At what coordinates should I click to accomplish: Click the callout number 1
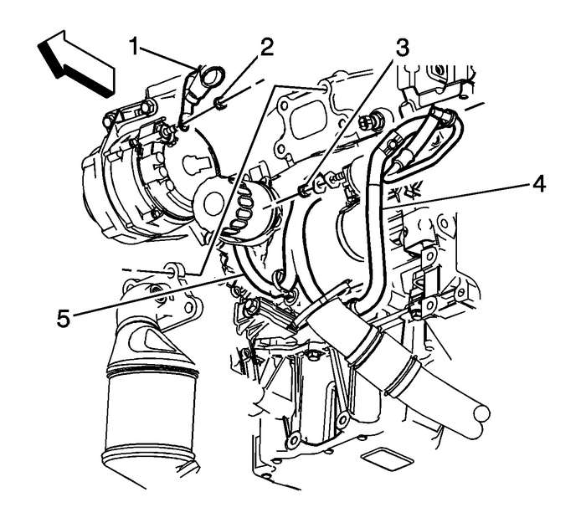point(134,46)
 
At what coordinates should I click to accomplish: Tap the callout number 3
point(402,49)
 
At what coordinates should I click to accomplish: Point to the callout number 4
point(537,184)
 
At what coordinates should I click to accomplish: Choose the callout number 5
point(64,319)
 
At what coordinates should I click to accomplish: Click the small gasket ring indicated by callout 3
point(304,191)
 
